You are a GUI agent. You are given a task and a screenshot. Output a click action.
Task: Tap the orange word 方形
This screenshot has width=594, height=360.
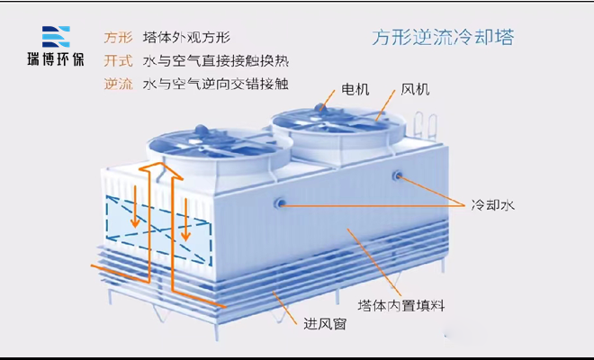[x=118, y=38]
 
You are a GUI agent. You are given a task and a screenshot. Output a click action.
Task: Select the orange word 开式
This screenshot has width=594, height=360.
[x=118, y=61]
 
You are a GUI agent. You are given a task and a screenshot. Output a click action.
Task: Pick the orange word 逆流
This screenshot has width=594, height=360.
[x=118, y=85]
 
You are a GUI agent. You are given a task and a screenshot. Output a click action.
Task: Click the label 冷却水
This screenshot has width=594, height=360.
[x=492, y=205]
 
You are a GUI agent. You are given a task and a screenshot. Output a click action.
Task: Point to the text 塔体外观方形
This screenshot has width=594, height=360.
[x=186, y=38]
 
